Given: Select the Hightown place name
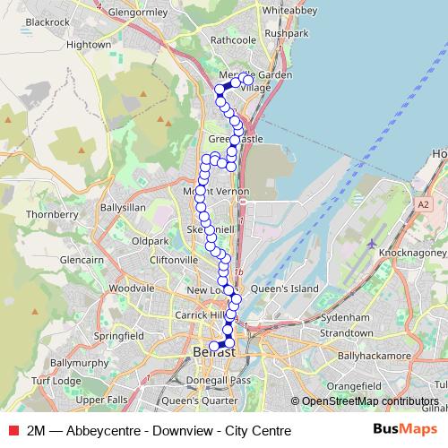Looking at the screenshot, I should point(88,43).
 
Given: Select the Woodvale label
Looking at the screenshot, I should point(132,289).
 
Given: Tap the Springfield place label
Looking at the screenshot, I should point(118,336).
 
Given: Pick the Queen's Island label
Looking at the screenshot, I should point(284,289).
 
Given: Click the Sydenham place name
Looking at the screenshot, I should point(345,317).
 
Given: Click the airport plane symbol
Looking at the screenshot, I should point(372,244).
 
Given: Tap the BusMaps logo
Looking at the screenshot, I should point(404,430).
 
